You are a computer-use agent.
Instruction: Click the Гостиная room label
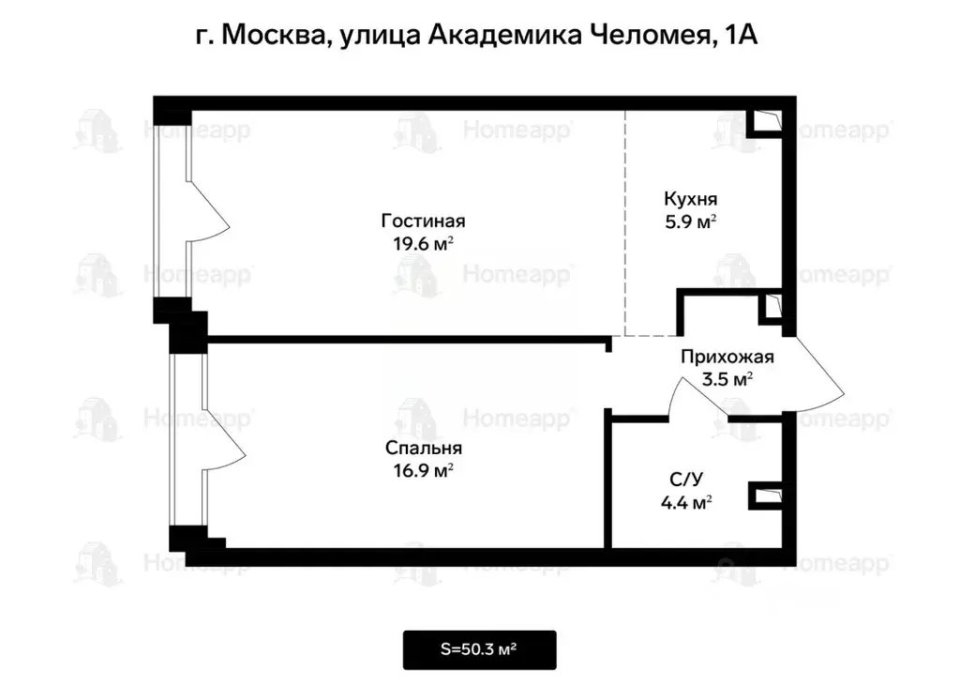click(x=423, y=222)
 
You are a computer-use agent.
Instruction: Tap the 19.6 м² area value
click(x=423, y=243)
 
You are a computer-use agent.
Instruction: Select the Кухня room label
click(x=690, y=200)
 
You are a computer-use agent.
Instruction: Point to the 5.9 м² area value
click(x=690, y=221)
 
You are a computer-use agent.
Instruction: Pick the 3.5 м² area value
click(x=727, y=379)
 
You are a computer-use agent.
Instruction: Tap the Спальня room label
click(x=423, y=449)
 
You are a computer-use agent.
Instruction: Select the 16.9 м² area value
click(x=423, y=470)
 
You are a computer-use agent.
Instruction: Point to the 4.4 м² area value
click(x=685, y=503)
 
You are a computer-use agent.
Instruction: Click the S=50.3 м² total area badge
click(x=480, y=649)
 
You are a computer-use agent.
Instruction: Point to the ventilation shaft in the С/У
click(x=766, y=494)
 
